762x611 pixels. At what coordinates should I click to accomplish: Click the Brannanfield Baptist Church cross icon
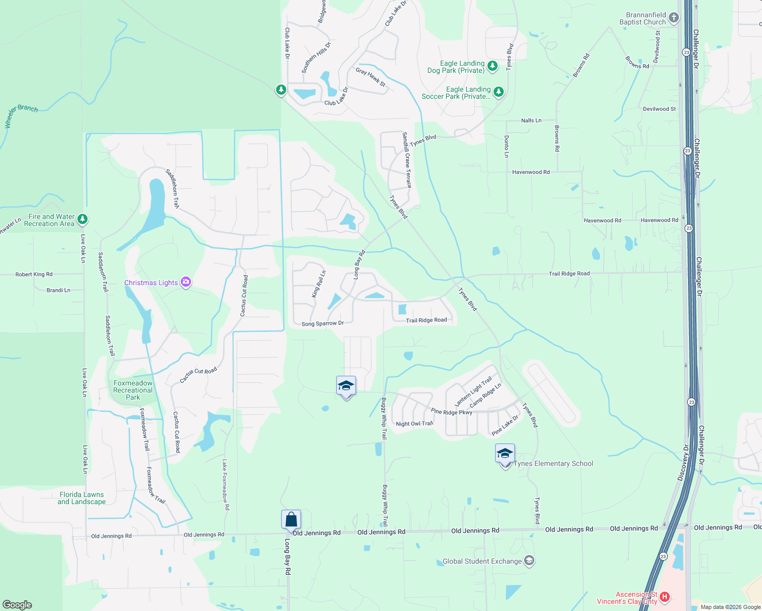pyautogui.click(x=673, y=18)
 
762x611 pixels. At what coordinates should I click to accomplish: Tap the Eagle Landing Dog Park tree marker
pyautogui.click(x=492, y=66)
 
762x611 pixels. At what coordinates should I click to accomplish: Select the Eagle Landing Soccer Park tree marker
pyautogui.click(x=499, y=92)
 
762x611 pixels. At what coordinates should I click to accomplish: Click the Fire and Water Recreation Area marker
pyautogui.click(x=83, y=219)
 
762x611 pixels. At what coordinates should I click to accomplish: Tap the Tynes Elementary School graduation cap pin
pyautogui.click(x=505, y=454)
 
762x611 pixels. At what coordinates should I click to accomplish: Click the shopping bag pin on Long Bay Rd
pyautogui.click(x=291, y=520)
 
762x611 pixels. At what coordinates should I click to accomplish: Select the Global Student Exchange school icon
pyautogui.click(x=529, y=561)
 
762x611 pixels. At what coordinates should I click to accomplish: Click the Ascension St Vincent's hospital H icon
pyautogui.click(x=664, y=596)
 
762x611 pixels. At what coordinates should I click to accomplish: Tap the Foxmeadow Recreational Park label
pyautogui.click(x=133, y=390)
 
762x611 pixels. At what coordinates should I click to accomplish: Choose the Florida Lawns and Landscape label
pyautogui.click(x=81, y=498)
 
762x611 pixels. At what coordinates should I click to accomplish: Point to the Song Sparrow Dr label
pyautogui.click(x=322, y=324)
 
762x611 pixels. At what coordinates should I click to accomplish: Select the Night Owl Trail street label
pyautogui.click(x=414, y=424)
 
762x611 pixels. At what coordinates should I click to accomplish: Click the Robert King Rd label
pyautogui.click(x=34, y=274)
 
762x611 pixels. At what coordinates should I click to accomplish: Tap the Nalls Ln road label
pyautogui.click(x=531, y=121)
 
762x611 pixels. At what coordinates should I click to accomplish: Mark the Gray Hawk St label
pyautogui.click(x=371, y=77)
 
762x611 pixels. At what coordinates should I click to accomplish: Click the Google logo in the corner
pyautogui.click(x=17, y=604)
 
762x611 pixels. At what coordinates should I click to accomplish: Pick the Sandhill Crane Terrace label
pyautogui.click(x=407, y=160)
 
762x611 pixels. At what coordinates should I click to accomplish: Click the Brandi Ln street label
pyautogui.click(x=59, y=290)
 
